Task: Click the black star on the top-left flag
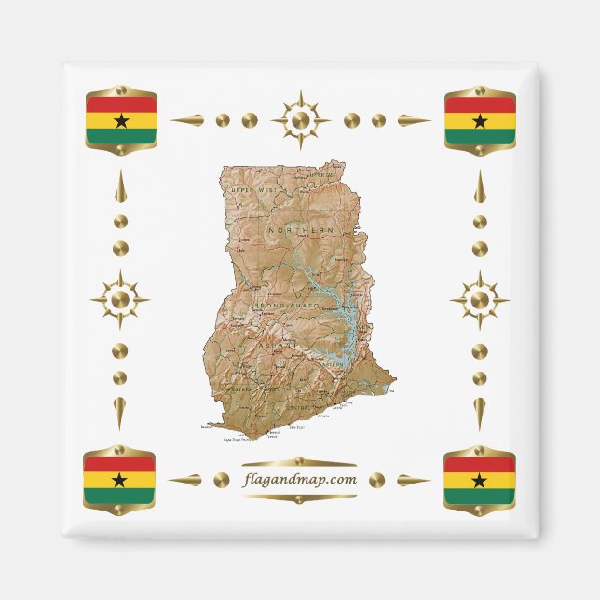click(x=120, y=120)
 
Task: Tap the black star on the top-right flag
click(x=479, y=120)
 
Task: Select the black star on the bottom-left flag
click(x=119, y=480)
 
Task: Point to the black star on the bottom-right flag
click(x=479, y=480)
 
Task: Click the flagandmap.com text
click(x=299, y=480)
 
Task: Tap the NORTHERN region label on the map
click(x=300, y=230)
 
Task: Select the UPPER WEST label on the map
click(x=254, y=190)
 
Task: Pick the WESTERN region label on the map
click(x=240, y=389)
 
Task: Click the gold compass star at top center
click(x=300, y=120)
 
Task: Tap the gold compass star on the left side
click(x=119, y=300)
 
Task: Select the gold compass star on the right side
click(x=479, y=300)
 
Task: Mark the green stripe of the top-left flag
click(x=120, y=137)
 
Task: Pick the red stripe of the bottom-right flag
click(x=479, y=464)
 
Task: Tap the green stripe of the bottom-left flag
click(x=119, y=497)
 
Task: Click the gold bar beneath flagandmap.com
click(x=299, y=498)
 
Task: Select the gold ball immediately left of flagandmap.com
click(x=221, y=480)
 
